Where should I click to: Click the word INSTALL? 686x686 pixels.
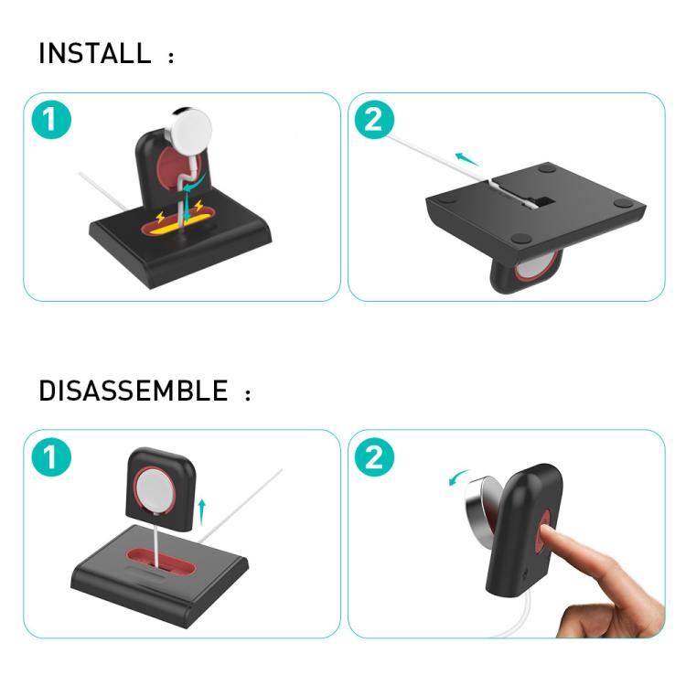point(94,54)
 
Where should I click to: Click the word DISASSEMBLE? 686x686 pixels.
point(133,391)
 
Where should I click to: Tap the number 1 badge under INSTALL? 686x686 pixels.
point(51,121)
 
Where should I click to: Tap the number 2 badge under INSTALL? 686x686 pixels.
point(375,120)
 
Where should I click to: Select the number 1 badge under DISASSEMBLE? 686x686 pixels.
point(51,457)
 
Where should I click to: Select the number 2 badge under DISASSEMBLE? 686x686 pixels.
point(375,457)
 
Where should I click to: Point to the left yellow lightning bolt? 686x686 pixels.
point(163,220)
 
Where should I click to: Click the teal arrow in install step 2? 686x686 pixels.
point(467,159)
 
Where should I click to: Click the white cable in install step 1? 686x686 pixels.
point(100,193)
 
